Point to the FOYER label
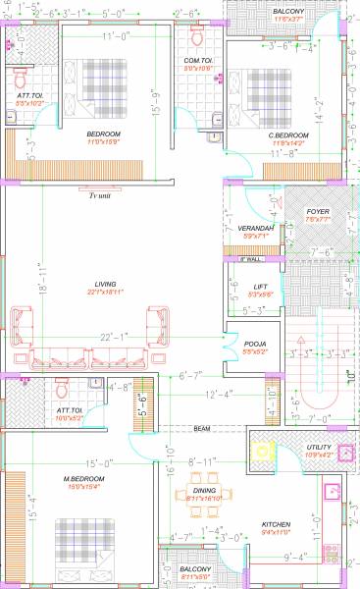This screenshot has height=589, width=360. click(x=317, y=212)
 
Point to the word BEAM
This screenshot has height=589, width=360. click(x=202, y=429)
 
